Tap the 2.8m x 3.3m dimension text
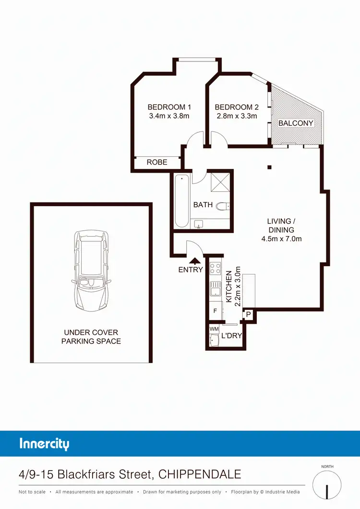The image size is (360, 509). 236,116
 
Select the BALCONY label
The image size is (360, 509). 296,123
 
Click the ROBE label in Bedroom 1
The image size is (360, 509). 157,162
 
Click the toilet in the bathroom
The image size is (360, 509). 223,206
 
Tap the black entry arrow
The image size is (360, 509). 195,261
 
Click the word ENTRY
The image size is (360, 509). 191,270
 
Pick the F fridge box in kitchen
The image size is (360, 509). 215,311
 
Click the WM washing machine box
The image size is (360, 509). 214,329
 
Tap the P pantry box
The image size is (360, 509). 249,315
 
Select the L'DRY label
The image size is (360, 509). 231,336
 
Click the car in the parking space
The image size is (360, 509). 91,271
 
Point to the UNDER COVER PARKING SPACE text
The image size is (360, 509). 91,337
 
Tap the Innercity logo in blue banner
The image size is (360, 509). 44,443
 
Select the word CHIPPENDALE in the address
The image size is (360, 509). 201,475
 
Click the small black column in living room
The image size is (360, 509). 270,167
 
